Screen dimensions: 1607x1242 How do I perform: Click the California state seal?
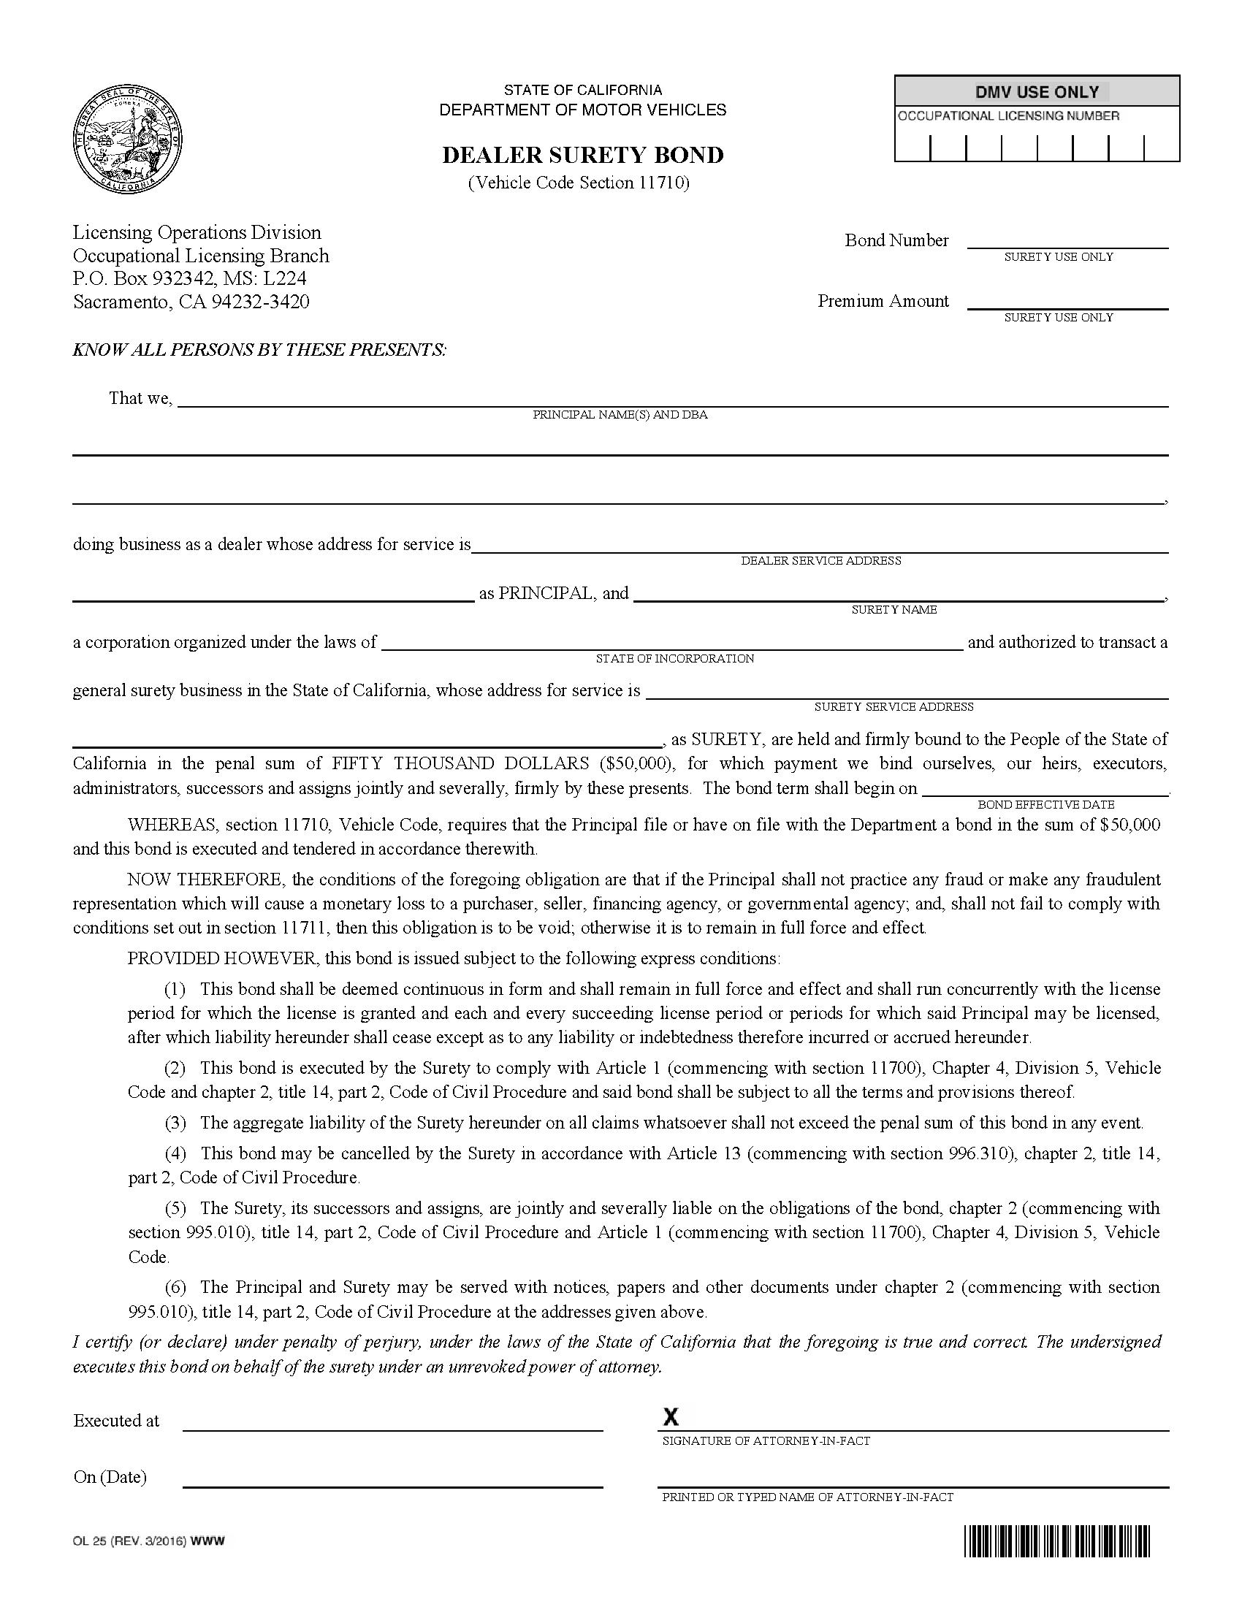(127, 140)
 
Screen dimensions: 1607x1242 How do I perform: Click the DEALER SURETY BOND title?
(583, 156)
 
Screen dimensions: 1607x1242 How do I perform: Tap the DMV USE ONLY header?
(1037, 92)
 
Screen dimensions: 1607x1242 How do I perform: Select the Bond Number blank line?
(1067, 243)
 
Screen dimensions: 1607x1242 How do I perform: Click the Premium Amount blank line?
(1067, 303)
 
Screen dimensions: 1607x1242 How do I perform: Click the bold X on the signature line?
(670, 1416)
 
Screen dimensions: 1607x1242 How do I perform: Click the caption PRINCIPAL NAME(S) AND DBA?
(620, 415)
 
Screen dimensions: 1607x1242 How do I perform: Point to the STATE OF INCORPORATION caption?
(675, 659)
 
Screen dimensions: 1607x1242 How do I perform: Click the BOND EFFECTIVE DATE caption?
(1045, 805)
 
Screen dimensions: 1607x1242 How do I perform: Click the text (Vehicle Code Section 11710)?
(579, 183)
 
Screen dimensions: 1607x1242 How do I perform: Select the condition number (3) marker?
(175, 1123)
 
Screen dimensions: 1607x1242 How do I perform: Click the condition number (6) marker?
(175, 1287)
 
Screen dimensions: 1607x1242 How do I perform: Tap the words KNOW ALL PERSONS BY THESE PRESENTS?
(259, 349)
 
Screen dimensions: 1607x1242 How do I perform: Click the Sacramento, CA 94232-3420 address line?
(191, 302)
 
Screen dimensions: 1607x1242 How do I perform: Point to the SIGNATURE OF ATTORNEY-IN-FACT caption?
(766, 1440)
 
